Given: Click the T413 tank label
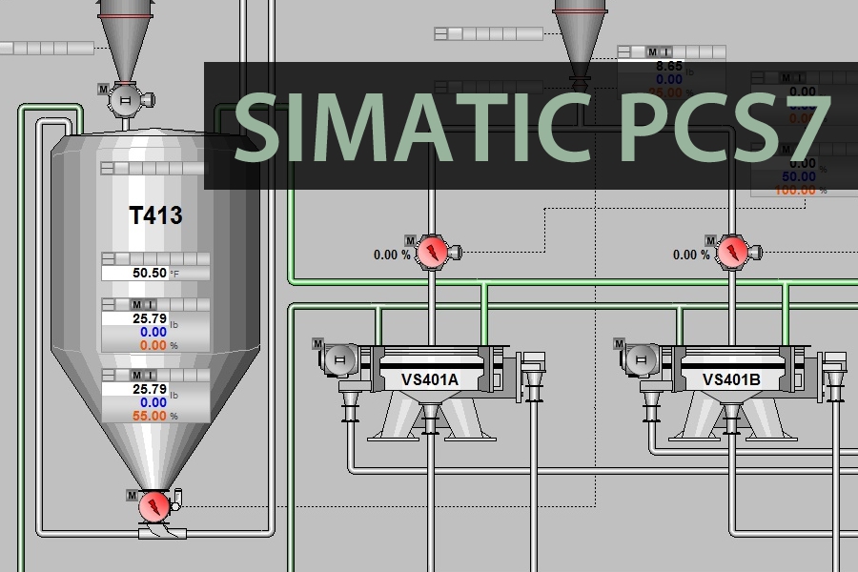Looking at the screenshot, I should pos(155,215).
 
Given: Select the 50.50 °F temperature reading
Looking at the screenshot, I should pos(150,273).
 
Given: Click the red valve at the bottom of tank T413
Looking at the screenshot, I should pos(153,505).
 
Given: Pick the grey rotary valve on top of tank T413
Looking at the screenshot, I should pos(124,98).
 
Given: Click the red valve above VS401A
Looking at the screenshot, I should pos(434,253).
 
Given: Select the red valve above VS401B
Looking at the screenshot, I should pos(733,253).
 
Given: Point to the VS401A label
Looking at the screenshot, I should pos(430,379).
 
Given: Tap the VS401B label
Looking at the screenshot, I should pos(731,379).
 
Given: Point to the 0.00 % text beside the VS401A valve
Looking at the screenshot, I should pos(392,255).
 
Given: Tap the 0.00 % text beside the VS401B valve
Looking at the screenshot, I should pos(691,255).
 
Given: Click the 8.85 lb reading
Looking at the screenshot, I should pos(669,67).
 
